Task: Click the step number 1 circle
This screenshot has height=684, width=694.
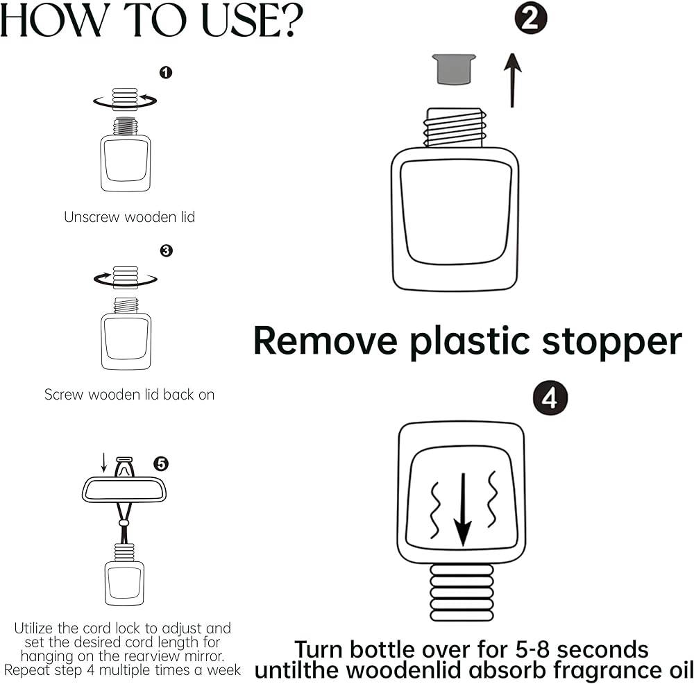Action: click(x=166, y=73)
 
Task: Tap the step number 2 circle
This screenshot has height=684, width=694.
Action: click(x=531, y=18)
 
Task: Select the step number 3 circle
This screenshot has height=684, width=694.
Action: click(x=166, y=251)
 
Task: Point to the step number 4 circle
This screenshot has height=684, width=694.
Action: click(x=550, y=398)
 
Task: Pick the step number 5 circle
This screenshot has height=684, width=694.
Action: click(x=161, y=463)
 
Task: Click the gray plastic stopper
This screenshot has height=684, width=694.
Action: click(x=454, y=69)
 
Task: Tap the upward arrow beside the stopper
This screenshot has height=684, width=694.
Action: click(x=513, y=80)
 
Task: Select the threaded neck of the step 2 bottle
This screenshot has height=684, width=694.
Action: click(x=455, y=128)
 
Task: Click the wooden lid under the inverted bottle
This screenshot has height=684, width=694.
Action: click(x=462, y=592)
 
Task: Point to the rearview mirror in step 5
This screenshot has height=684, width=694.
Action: click(x=124, y=490)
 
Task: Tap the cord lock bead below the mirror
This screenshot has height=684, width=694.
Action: click(x=124, y=523)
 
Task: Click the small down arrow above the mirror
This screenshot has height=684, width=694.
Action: click(x=104, y=462)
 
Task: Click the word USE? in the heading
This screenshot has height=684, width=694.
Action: click(x=253, y=20)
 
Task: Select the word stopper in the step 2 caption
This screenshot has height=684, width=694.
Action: click(x=612, y=343)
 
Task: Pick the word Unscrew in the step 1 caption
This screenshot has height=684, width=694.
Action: click(x=92, y=217)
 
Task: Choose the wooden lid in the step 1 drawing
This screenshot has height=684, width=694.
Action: click(x=125, y=99)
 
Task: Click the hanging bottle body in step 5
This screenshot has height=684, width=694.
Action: click(x=124, y=583)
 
